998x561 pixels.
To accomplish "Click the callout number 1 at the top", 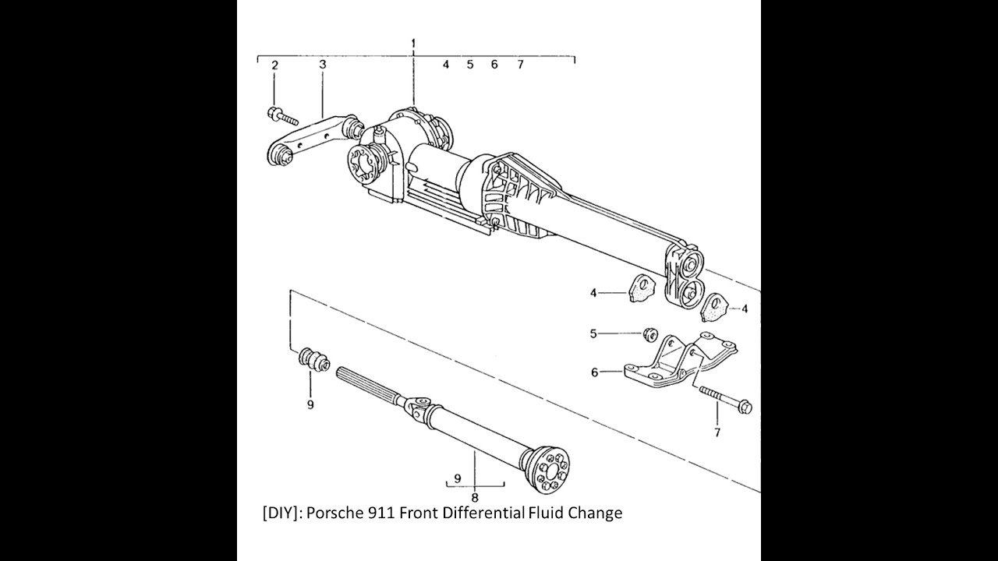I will [x=413, y=41].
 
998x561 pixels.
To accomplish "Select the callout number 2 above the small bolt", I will [x=274, y=65].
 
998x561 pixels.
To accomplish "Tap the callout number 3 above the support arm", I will [x=322, y=65].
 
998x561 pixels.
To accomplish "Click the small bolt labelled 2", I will [x=282, y=117].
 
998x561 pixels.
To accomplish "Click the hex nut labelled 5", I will [x=647, y=334].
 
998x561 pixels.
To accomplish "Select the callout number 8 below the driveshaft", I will [x=474, y=497].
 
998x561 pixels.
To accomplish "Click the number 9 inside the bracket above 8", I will [x=458, y=478].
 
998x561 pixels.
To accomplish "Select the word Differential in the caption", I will [x=483, y=513].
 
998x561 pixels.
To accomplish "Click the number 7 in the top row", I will [x=520, y=65].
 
